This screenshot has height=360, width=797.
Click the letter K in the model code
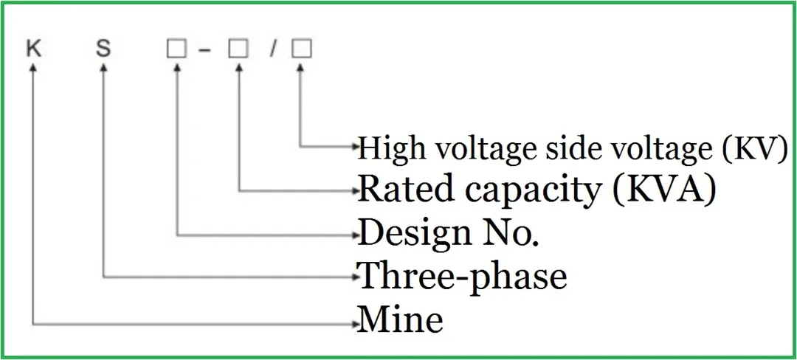point(32,49)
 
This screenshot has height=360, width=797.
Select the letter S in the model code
point(103,49)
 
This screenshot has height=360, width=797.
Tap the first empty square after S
point(176,49)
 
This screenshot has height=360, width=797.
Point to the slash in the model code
point(272,49)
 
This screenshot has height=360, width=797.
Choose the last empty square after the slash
point(301,49)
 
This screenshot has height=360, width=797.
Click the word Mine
point(400,320)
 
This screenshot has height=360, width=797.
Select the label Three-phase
point(463,277)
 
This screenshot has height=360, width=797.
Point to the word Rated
point(398,190)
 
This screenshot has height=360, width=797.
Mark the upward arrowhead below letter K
point(32,67)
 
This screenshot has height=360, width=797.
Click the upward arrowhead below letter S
point(103,67)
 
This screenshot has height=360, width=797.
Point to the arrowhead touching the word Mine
point(353,322)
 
